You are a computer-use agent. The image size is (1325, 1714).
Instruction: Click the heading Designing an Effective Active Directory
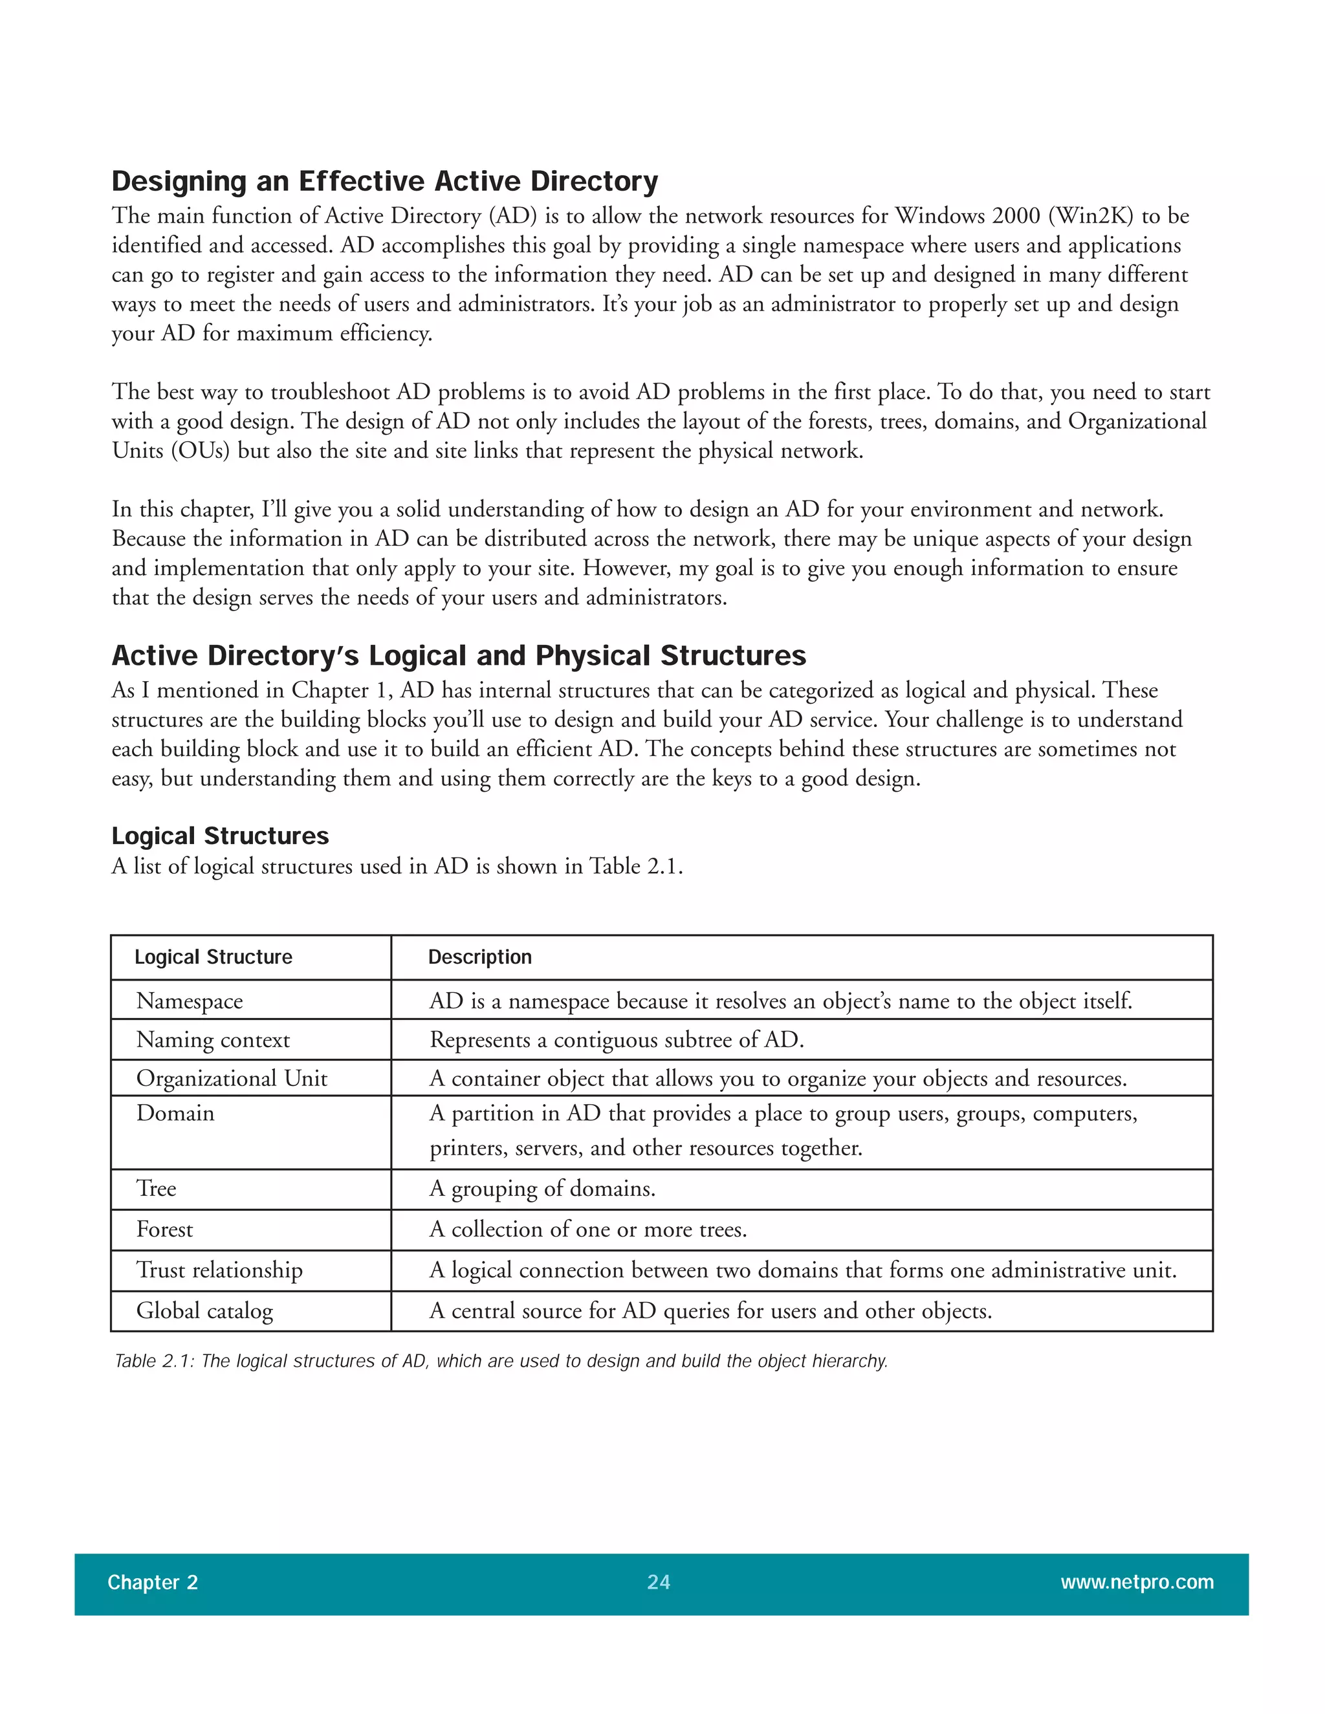[x=385, y=181]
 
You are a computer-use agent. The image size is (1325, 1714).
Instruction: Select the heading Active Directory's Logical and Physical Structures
[x=459, y=655]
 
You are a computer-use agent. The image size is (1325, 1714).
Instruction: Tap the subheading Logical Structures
[x=220, y=836]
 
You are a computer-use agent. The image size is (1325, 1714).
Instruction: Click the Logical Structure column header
[x=213, y=957]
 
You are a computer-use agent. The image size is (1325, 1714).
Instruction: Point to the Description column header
[x=479, y=957]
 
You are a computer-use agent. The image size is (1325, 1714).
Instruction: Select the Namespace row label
[x=189, y=1001]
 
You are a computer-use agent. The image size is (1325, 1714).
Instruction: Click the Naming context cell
[x=213, y=1040]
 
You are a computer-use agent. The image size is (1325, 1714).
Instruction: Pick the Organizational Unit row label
[x=232, y=1078]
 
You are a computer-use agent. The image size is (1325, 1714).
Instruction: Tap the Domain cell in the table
[x=175, y=1113]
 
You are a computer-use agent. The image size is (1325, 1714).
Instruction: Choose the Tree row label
[x=156, y=1188]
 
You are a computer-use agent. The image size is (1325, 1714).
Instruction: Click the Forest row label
[x=164, y=1229]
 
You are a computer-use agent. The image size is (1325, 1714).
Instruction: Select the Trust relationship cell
[x=219, y=1270]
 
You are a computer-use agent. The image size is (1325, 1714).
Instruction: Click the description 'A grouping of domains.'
[x=542, y=1188]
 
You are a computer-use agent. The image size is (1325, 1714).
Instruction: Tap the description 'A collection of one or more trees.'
[x=588, y=1229]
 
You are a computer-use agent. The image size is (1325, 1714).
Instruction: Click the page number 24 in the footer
[x=658, y=1581]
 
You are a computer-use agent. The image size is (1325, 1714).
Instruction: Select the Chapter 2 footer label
[x=152, y=1582]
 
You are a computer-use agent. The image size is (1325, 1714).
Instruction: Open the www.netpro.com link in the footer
[x=1137, y=1582]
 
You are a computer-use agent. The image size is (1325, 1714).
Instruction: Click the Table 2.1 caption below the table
[x=501, y=1361]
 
